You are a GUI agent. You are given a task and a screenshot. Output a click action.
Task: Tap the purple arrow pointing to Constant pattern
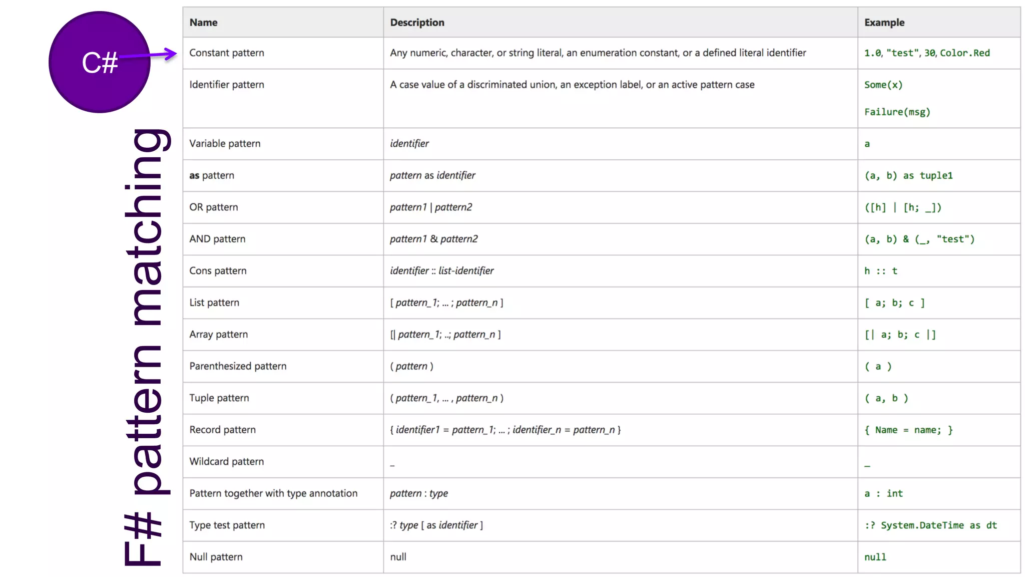pos(150,55)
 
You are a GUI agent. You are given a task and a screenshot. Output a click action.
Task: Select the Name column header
pos(203,23)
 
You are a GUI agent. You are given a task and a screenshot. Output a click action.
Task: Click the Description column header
pos(417,23)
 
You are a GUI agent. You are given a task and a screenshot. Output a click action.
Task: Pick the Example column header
pos(884,23)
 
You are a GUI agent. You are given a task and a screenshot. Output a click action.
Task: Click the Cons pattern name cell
pos(218,271)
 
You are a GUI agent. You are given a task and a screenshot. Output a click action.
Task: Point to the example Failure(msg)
pos(897,112)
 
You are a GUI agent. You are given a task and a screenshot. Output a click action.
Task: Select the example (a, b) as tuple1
pos(908,176)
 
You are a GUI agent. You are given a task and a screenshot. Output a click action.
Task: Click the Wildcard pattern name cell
pos(226,462)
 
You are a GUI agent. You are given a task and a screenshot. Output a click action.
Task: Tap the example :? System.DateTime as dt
pos(930,525)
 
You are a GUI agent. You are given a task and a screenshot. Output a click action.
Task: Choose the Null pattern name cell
pos(216,557)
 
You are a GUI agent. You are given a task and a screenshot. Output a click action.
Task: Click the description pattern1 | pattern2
pos(431,207)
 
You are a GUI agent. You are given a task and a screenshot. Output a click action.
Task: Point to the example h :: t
pos(880,271)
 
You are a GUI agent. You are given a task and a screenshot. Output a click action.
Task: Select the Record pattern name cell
pos(222,430)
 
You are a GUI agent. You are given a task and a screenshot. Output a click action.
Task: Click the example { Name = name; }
pos(908,430)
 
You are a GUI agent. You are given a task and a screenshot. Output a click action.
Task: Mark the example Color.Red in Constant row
pos(964,53)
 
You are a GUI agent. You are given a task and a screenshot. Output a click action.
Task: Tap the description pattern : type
pos(419,493)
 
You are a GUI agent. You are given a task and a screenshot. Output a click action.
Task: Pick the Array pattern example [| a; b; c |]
pos(900,335)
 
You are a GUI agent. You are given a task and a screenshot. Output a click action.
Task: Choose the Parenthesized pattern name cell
pos(238,366)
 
